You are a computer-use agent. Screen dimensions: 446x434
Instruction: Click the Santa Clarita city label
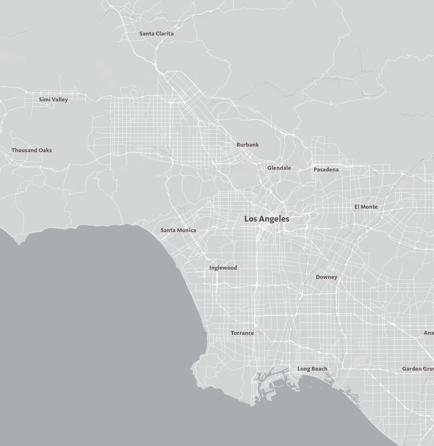[157, 34]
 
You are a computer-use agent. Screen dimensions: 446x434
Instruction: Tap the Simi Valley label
[54, 100]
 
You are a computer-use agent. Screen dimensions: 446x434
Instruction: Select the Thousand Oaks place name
[32, 150]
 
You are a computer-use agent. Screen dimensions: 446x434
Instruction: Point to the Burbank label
[248, 145]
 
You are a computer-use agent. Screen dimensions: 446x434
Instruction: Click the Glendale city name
[279, 168]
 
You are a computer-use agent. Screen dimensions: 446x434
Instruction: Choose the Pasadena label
[326, 170]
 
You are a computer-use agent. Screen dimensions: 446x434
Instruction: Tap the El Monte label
[366, 207]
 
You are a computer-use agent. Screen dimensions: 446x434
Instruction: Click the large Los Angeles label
[266, 219]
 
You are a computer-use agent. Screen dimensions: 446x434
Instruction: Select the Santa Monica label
[178, 230]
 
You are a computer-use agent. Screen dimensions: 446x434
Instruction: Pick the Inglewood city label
[223, 268]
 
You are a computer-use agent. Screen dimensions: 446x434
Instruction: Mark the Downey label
[326, 277]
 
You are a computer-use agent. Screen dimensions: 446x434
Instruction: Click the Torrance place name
[242, 333]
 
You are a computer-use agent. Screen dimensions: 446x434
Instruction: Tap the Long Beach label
[312, 369]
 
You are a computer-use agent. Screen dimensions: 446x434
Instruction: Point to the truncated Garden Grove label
[418, 369]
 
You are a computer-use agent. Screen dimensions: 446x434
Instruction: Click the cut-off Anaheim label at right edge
[429, 333]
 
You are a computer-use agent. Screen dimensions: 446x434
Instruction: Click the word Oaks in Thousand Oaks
[45, 150]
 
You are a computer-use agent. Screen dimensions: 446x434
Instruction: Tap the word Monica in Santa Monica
[187, 230]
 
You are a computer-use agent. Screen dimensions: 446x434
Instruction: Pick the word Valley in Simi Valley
[60, 100]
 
